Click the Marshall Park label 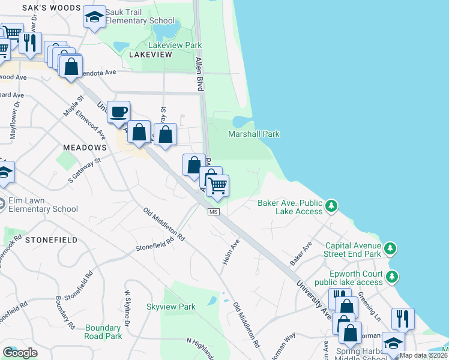click(254, 134)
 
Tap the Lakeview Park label click(175, 45)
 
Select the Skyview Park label click(171, 307)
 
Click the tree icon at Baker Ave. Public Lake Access click(331, 207)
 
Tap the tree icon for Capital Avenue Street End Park click(390, 248)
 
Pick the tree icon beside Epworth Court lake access click(392, 277)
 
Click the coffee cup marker click(119, 112)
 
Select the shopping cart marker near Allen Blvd click(217, 185)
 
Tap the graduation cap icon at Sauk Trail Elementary click(94, 18)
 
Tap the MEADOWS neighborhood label click(83, 147)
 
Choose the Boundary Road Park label click(103, 332)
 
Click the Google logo click(20, 353)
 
